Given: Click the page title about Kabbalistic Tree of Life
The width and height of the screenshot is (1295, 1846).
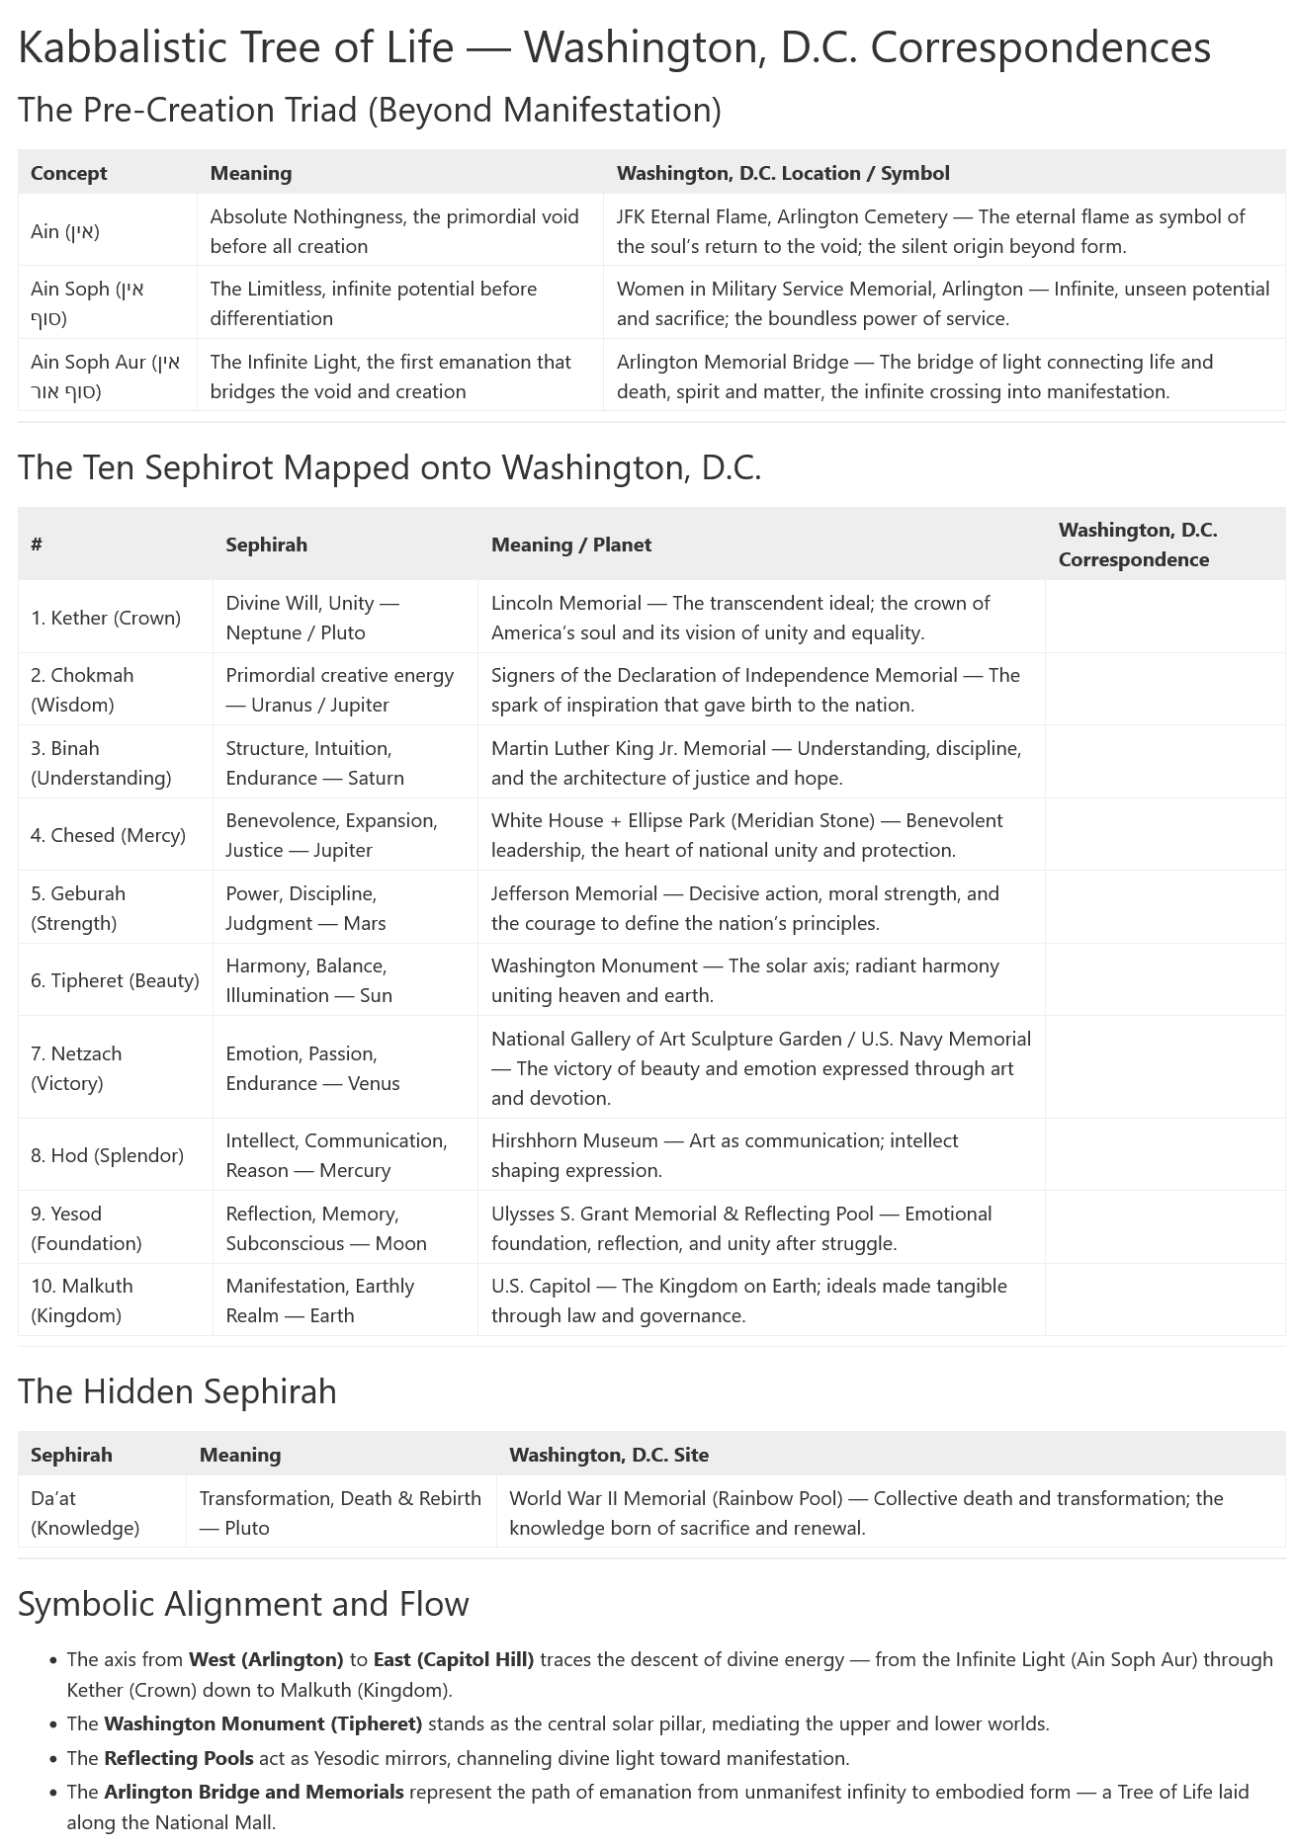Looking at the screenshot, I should (x=614, y=47).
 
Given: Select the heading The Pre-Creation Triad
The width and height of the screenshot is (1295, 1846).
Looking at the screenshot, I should (x=369, y=110).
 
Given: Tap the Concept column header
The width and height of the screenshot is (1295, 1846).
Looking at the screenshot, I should (x=68, y=173).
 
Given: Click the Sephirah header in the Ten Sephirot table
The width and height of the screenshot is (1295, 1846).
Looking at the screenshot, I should (x=266, y=545).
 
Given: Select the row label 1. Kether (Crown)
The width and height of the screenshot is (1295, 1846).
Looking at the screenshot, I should (x=106, y=618).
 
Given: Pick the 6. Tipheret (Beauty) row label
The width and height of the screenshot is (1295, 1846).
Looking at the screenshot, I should (x=115, y=980).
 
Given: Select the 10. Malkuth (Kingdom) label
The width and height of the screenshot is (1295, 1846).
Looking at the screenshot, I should (x=82, y=1301).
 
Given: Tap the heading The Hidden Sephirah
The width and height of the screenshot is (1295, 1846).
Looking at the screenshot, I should (x=177, y=1391).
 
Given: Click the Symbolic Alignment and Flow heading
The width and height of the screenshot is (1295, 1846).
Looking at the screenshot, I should (x=243, y=1603).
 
